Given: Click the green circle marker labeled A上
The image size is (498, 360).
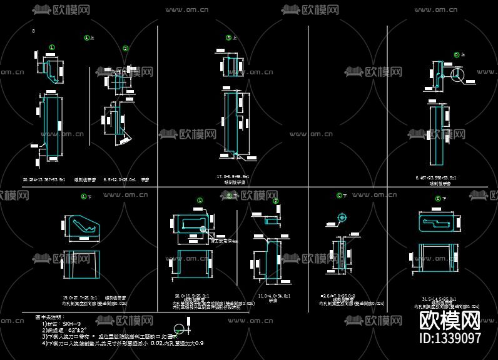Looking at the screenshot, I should [87, 37].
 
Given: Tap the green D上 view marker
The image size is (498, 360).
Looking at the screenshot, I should [457, 55].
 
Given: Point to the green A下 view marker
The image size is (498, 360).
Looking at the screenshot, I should [83, 196].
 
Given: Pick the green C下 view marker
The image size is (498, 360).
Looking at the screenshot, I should [340, 196].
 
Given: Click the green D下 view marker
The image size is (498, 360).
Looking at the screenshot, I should [437, 199].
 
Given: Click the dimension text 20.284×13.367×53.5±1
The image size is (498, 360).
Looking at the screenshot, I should [44, 179].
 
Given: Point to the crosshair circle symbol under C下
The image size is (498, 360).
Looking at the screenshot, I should [342, 218].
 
